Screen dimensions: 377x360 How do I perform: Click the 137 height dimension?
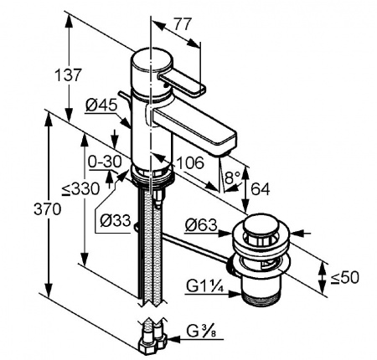68,75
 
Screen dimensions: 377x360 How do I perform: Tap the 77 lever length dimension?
183,24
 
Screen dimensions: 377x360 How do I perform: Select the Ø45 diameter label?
101,105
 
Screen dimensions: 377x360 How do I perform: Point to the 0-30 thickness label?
105,162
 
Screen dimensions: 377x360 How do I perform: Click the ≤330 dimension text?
80,189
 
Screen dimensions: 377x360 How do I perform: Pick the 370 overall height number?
47,209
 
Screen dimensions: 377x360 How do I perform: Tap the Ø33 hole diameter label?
116,220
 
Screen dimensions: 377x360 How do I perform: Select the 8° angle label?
232,177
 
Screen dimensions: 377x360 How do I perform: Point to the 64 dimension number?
261,189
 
